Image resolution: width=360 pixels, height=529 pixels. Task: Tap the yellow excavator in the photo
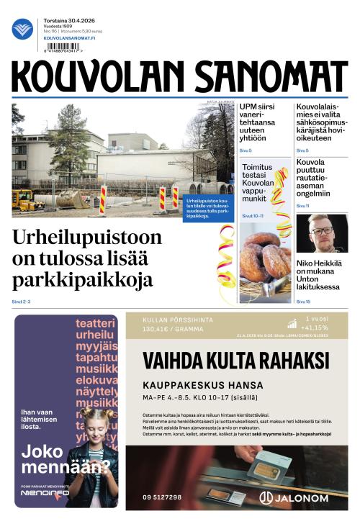click(26, 200)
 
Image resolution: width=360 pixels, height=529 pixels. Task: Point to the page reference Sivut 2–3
click(22, 301)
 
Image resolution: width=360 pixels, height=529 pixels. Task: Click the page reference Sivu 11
click(302, 206)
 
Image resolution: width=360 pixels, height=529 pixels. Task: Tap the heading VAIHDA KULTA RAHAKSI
click(236, 360)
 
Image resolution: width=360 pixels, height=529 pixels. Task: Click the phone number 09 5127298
click(162, 497)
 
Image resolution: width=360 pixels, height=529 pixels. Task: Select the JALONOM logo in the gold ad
click(294, 497)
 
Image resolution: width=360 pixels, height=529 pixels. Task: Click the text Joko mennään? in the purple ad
click(65, 458)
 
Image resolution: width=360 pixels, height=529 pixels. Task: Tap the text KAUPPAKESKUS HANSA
click(203, 384)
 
